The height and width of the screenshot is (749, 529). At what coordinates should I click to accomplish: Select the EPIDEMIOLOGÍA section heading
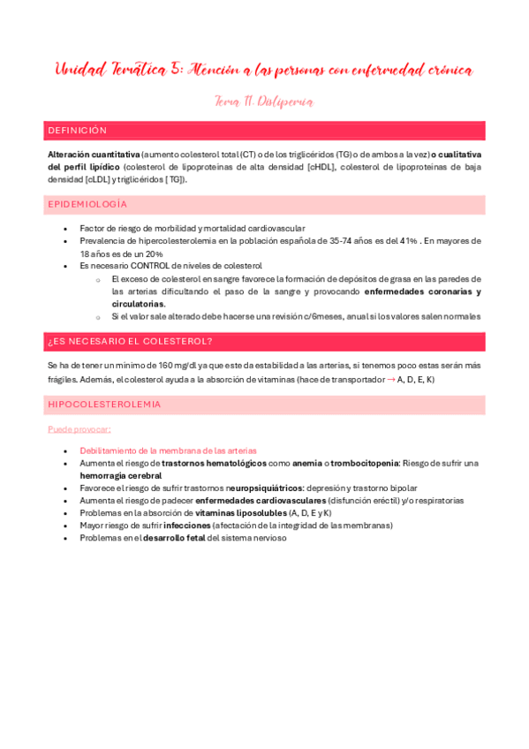coord(87,204)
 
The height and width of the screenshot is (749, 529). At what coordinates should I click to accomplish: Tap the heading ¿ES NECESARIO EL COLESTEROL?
coord(129,341)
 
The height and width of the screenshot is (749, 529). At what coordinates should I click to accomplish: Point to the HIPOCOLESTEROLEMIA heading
coord(104,404)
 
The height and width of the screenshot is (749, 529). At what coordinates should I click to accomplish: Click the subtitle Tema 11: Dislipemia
coord(264,102)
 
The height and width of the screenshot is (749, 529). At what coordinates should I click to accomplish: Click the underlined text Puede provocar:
coord(79,429)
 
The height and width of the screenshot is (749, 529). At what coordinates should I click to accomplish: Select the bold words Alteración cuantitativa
coord(94,154)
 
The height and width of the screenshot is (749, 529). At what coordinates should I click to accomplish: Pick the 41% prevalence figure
coord(408,240)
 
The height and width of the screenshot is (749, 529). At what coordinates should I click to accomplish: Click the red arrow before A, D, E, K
coord(391,378)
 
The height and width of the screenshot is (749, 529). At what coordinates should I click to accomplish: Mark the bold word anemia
coord(306,463)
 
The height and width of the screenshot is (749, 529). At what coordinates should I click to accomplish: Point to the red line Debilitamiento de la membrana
coord(168,450)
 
